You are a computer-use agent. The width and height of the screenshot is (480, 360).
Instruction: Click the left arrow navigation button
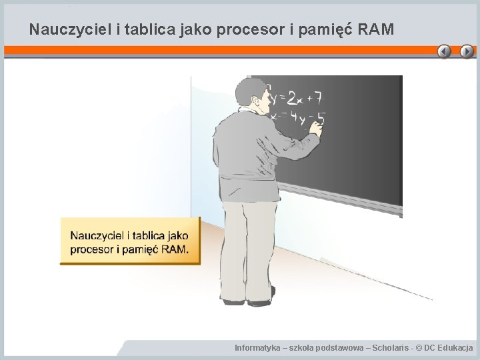pos(445,51)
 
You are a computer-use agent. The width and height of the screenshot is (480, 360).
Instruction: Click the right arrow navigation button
pos(467,51)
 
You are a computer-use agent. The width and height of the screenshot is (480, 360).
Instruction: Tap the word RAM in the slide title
pos(376,29)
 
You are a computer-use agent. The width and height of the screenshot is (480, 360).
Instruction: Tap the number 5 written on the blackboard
pos(321,119)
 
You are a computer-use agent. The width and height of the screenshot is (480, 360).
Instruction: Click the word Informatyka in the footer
pos(257,348)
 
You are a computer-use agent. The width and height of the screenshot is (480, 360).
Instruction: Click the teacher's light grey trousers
pos(247,247)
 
